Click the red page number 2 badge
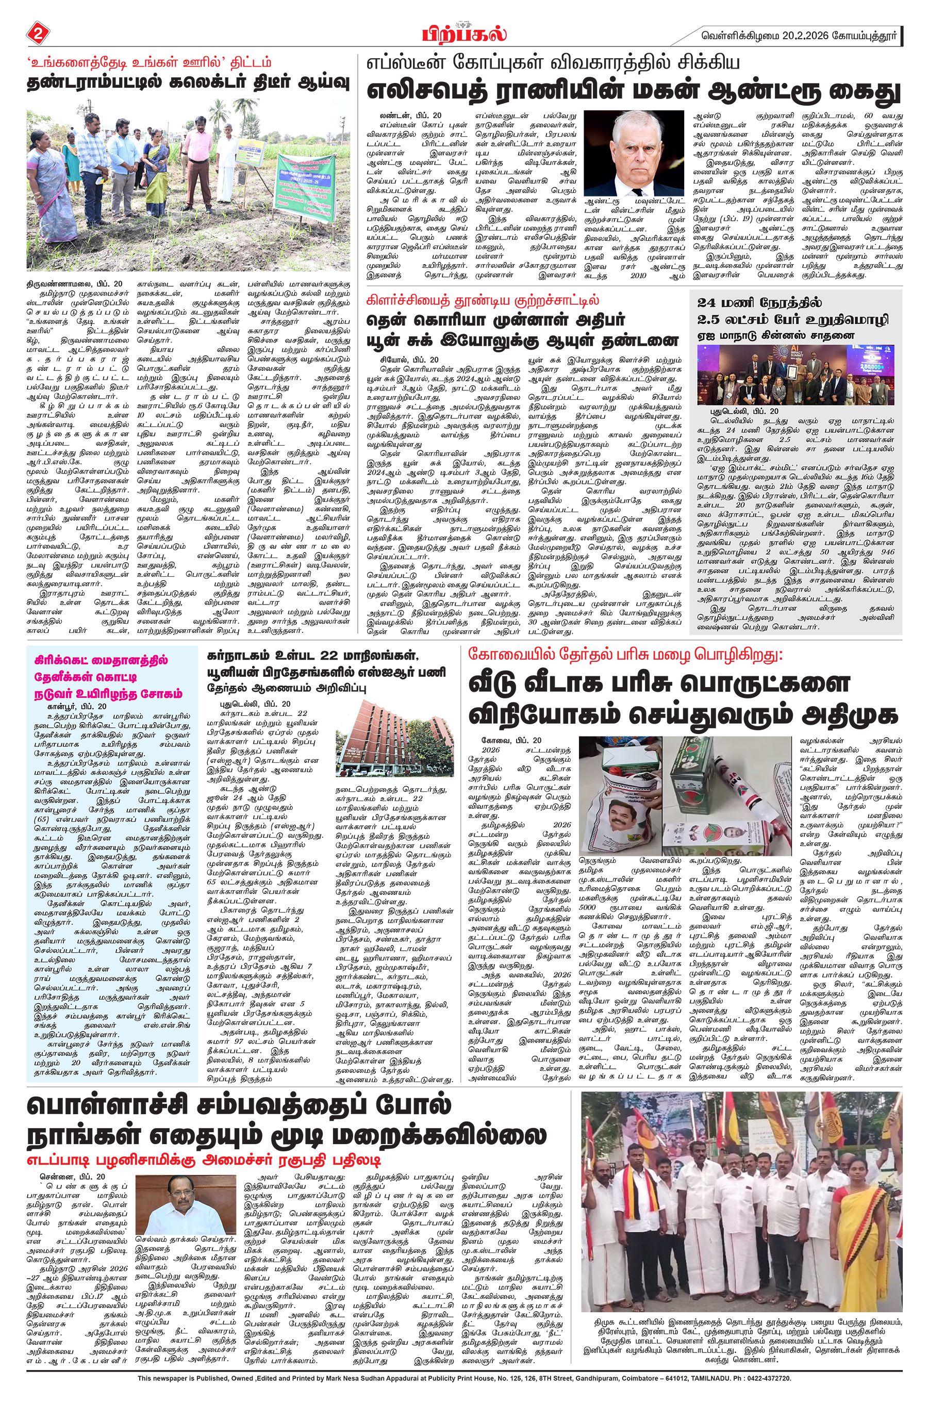tap(37, 33)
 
